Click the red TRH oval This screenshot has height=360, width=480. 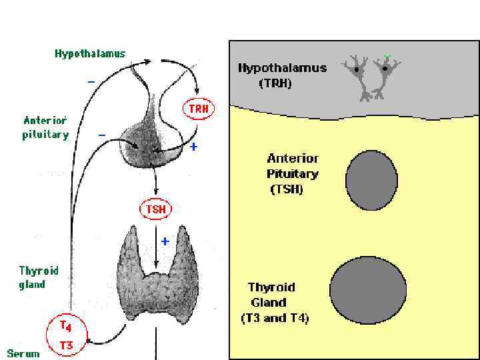(198, 109)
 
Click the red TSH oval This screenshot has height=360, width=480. (155, 209)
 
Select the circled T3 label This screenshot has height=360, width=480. (67, 345)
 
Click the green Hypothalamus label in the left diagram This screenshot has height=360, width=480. (90, 54)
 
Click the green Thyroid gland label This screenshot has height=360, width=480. (38, 277)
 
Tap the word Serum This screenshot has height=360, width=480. (23, 353)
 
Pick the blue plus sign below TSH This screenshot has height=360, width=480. (165, 239)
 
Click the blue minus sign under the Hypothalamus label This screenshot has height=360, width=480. (91, 82)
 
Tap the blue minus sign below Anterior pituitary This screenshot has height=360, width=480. (102, 135)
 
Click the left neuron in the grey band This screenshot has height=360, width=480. (359, 74)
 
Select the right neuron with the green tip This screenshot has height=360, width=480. (385, 72)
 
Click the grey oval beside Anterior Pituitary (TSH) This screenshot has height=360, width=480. (371, 180)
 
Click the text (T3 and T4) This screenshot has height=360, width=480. (275, 318)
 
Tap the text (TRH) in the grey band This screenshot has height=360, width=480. (275, 83)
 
